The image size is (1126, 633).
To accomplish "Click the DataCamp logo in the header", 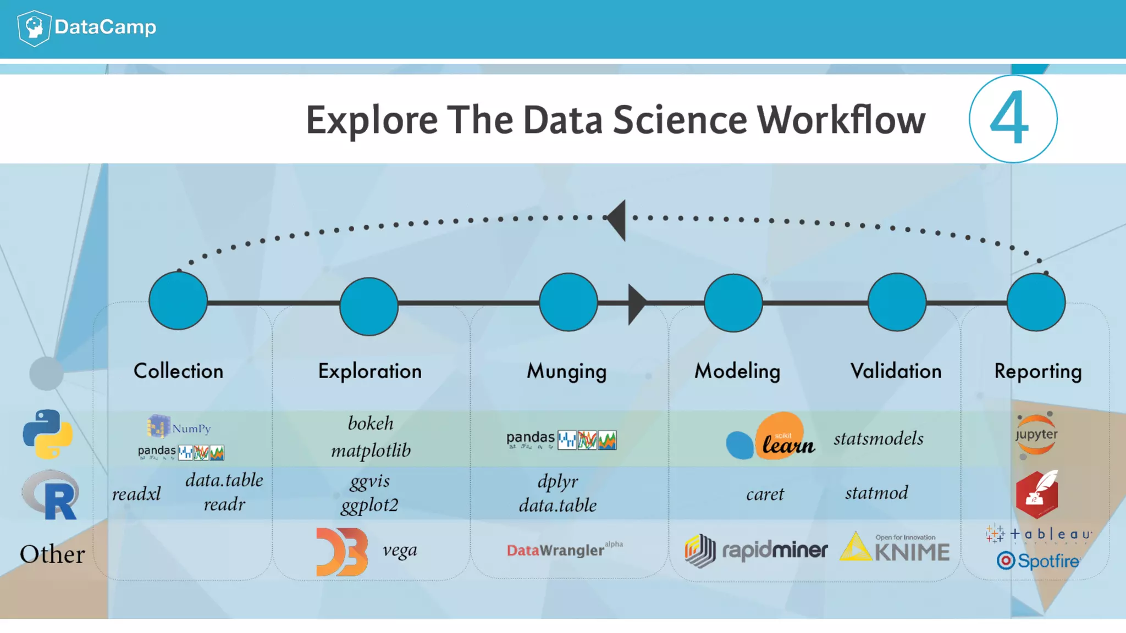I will (87, 27).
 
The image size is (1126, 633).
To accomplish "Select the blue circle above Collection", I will (178, 301).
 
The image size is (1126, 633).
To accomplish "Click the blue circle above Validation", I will (897, 302).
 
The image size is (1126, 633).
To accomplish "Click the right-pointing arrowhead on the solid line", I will (637, 303).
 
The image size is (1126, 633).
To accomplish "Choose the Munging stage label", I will (566, 372).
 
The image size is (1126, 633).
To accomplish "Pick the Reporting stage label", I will (1037, 372).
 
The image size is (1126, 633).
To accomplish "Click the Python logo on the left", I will (48, 434).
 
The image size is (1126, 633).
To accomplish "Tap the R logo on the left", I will (51, 495).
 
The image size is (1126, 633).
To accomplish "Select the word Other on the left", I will (52, 554).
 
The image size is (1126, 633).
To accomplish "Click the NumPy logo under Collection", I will (179, 427).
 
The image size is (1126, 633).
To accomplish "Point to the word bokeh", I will (371, 423).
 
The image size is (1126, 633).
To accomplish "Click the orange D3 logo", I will (341, 551).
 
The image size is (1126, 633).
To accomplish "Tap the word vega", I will (400, 550).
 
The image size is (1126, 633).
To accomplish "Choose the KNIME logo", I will (895, 547).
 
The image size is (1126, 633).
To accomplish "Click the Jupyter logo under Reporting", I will (1036, 434).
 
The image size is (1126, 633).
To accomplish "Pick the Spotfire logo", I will (1038, 561).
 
